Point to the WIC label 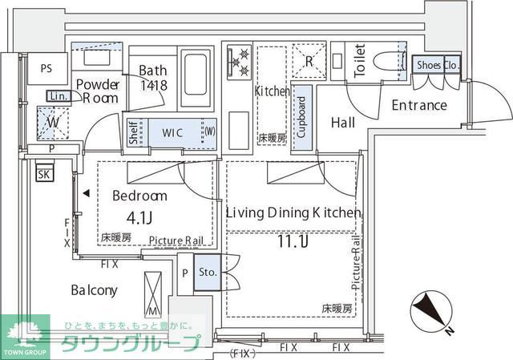[x=175, y=131]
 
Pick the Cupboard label [x=301, y=118]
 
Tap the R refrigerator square [x=309, y=60]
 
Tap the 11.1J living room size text [x=292, y=241]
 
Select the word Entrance [x=419, y=105]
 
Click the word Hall [x=343, y=123]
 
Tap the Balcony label [x=94, y=290]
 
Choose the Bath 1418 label [x=151, y=77]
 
